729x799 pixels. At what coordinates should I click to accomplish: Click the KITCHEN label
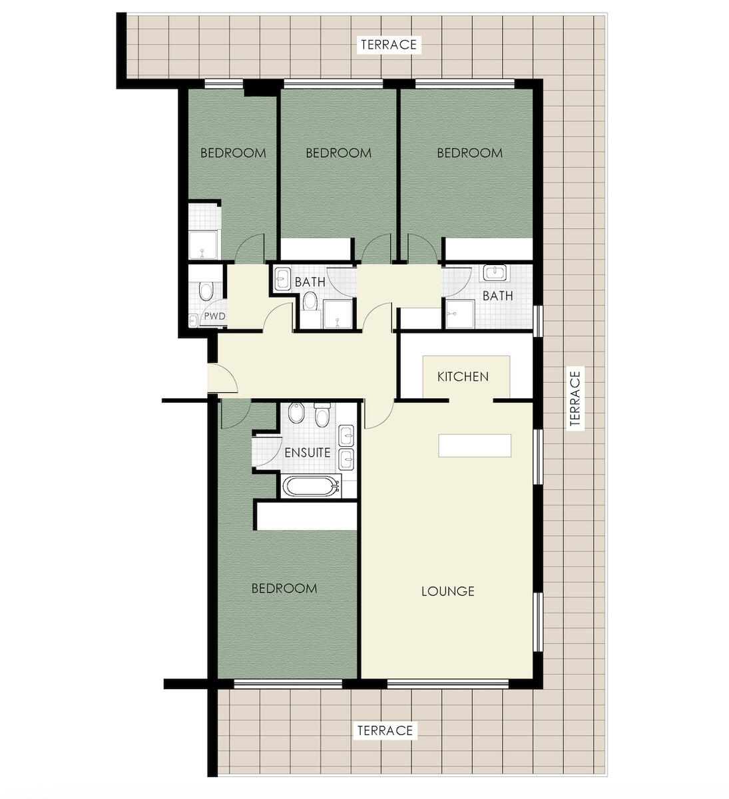pyautogui.click(x=463, y=376)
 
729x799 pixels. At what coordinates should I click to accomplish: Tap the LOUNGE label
pyautogui.click(x=448, y=591)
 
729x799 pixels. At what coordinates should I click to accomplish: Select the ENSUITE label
pyautogui.click(x=308, y=453)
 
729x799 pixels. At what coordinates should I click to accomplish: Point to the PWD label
pyautogui.click(x=215, y=316)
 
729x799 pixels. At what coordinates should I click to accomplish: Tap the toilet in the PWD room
pyautogui.click(x=206, y=291)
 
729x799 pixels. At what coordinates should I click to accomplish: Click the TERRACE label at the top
pyautogui.click(x=388, y=44)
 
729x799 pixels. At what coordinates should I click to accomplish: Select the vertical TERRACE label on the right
pyautogui.click(x=575, y=399)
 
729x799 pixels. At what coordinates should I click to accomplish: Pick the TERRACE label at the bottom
pyautogui.click(x=385, y=730)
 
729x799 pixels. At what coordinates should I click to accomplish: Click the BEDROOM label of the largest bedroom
pyautogui.click(x=284, y=589)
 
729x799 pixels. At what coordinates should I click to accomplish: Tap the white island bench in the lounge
pyautogui.click(x=475, y=445)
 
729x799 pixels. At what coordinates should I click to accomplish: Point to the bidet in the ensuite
pyautogui.click(x=296, y=413)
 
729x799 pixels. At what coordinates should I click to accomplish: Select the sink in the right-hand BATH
pyautogui.click(x=495, y=273)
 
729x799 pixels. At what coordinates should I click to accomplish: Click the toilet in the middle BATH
pyautogui.click(x=310, y=301)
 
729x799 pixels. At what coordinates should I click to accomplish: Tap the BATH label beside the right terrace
pyautogui.click(x=497, y=296)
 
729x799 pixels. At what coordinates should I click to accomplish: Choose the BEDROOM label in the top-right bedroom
pyautogui.click(x=469, y=153)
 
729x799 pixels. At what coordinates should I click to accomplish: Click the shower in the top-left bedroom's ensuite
pyautogui.click(x=203, y=244)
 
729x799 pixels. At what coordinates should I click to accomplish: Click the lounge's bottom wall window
pyautogui.click(x=448, y=684)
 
